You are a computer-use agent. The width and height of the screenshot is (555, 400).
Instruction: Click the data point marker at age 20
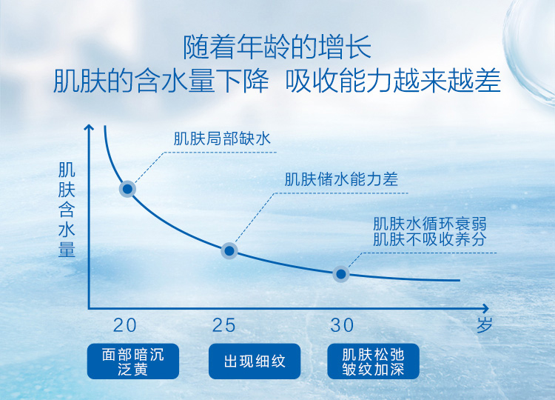[x=127, y=189]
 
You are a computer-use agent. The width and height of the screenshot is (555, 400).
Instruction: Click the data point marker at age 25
[x=229, y=251]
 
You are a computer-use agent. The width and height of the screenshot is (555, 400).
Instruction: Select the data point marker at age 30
[x=340, y=274]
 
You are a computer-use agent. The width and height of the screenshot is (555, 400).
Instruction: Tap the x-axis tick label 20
[x=125, y=324]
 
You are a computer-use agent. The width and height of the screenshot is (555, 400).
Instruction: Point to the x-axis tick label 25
[x=224, y=324]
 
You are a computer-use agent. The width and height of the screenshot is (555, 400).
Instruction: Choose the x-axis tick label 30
[x=343, y=324]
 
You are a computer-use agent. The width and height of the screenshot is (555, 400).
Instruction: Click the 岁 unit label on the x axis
[x=484, y=324]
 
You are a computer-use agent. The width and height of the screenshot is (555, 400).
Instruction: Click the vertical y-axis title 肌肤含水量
[x=67, y=210]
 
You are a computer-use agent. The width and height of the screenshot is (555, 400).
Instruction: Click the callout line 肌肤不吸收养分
[x=430, y=239]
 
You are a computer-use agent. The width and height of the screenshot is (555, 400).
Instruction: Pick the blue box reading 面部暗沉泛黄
[x=132, y=361]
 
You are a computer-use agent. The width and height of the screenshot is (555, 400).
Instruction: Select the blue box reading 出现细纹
[x=255, y=361]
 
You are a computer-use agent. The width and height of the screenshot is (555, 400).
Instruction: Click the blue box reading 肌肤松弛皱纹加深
[x=371, y=361]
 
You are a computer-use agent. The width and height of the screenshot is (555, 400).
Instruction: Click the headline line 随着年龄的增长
[x=277, y=47]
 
